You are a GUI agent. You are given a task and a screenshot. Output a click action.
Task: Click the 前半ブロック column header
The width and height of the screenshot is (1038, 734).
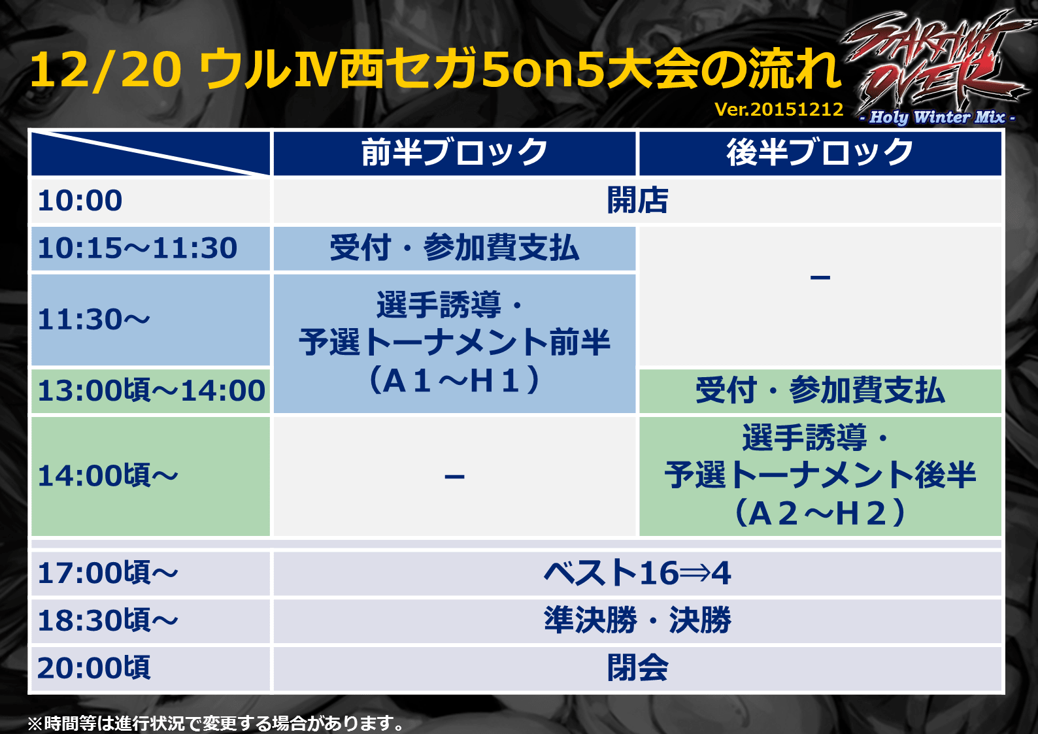(x=454, y=152)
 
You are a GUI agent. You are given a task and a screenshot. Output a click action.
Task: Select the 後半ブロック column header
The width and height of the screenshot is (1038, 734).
(x=820, y=152)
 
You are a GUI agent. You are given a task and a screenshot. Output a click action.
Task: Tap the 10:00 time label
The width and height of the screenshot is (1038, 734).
(x=80, y=201)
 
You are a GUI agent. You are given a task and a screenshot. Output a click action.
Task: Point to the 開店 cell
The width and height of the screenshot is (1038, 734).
(x=637, y=200)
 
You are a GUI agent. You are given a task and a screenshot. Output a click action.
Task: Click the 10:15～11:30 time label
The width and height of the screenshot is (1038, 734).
(x=138, y=248)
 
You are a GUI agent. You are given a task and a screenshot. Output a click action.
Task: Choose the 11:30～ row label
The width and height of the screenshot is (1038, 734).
(x=94, y=320)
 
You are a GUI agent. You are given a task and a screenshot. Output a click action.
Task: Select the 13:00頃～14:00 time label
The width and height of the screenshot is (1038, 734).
(x=152, y=390)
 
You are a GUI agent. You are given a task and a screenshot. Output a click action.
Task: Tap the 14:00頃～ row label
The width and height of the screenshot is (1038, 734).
(x=108, y=476)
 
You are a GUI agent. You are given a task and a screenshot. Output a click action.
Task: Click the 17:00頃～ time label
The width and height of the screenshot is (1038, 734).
(x=108, y=573)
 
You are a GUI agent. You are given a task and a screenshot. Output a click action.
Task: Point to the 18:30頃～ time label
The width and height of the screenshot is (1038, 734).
(x=108, y=620)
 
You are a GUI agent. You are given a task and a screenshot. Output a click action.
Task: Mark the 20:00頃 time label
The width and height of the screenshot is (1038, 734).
(x=94, y=668)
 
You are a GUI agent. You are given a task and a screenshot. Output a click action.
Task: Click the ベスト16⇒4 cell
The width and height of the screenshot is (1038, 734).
(x=637, y=573)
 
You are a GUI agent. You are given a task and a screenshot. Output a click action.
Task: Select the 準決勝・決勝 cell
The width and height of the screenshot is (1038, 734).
(x=637, y=620)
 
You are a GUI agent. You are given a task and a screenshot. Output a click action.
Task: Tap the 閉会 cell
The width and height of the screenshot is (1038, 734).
(x=637, y=668)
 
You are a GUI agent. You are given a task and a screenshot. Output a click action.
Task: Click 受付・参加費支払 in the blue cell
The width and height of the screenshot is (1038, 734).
(x=454, y=248)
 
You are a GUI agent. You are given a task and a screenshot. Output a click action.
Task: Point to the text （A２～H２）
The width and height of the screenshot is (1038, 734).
(x=820, y=514)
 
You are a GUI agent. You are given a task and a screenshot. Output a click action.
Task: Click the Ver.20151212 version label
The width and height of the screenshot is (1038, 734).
(x=779, y=109)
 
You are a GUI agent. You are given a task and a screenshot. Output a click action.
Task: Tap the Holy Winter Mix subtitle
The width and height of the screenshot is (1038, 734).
(x=937, y=117)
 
